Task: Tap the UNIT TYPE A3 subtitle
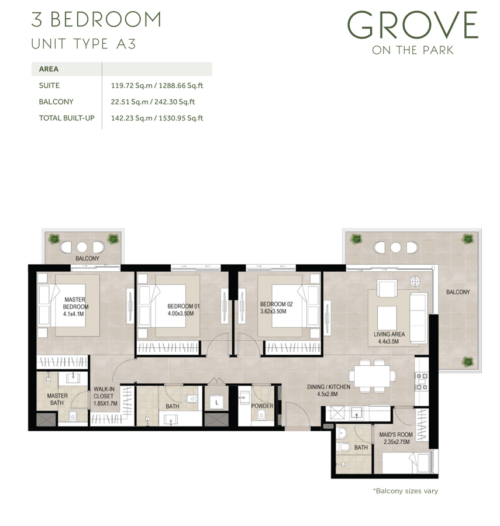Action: click(x=83, y=44)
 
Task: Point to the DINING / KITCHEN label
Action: click(x=329, y=387)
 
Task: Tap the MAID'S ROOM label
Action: click(x=396, y=434)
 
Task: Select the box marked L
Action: click(x=217, y=403)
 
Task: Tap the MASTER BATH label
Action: click(x=57, y=400)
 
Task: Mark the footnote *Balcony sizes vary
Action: click(x=405, y=491)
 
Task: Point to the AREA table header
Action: click(x=49, y=69)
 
